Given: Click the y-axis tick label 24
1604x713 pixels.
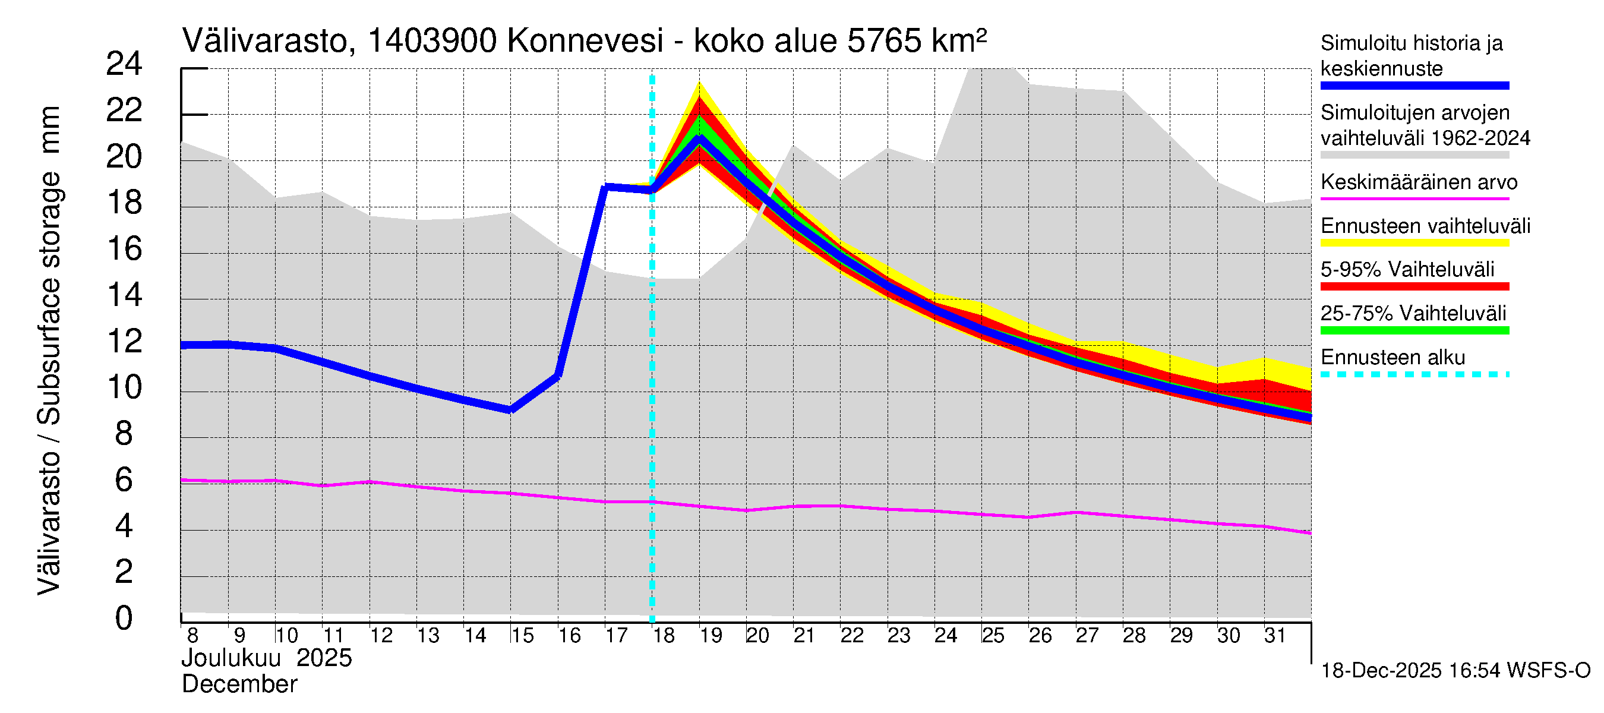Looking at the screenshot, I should tap(124, 64).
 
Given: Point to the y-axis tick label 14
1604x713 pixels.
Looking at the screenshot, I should tap(124, 295).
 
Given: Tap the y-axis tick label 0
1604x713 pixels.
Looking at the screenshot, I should tap(124, 619).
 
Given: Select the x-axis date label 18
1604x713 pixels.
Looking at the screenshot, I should tap(664, 636).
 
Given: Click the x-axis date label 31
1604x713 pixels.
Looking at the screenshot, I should tap(1275, 636).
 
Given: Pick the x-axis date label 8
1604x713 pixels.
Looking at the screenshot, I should tap(192, 636).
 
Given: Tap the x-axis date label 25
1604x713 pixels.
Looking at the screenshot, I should tap(993, 636).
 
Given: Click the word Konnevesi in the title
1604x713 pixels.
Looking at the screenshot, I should tap(585, 42).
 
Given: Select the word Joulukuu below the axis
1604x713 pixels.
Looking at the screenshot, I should tap(231, 658).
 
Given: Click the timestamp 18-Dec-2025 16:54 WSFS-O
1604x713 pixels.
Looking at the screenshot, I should tap(1455, 671).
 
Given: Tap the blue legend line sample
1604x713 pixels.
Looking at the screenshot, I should tap(1414, 86).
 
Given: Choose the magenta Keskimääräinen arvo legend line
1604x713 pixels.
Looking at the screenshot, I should tap(1414, 198).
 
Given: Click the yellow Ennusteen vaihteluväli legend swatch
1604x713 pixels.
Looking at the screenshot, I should tap(1414, 243).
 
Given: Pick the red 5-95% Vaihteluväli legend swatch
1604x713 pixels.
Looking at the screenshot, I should tap(1414, 286).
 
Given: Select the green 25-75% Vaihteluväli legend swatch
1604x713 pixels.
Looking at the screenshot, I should tap(1414, 331).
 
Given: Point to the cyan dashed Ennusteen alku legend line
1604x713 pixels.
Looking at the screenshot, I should tap(1414, 374).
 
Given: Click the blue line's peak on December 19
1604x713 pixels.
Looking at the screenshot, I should tap(699, 139).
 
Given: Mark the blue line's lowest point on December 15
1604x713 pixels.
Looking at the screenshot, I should tap(510, 410).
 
